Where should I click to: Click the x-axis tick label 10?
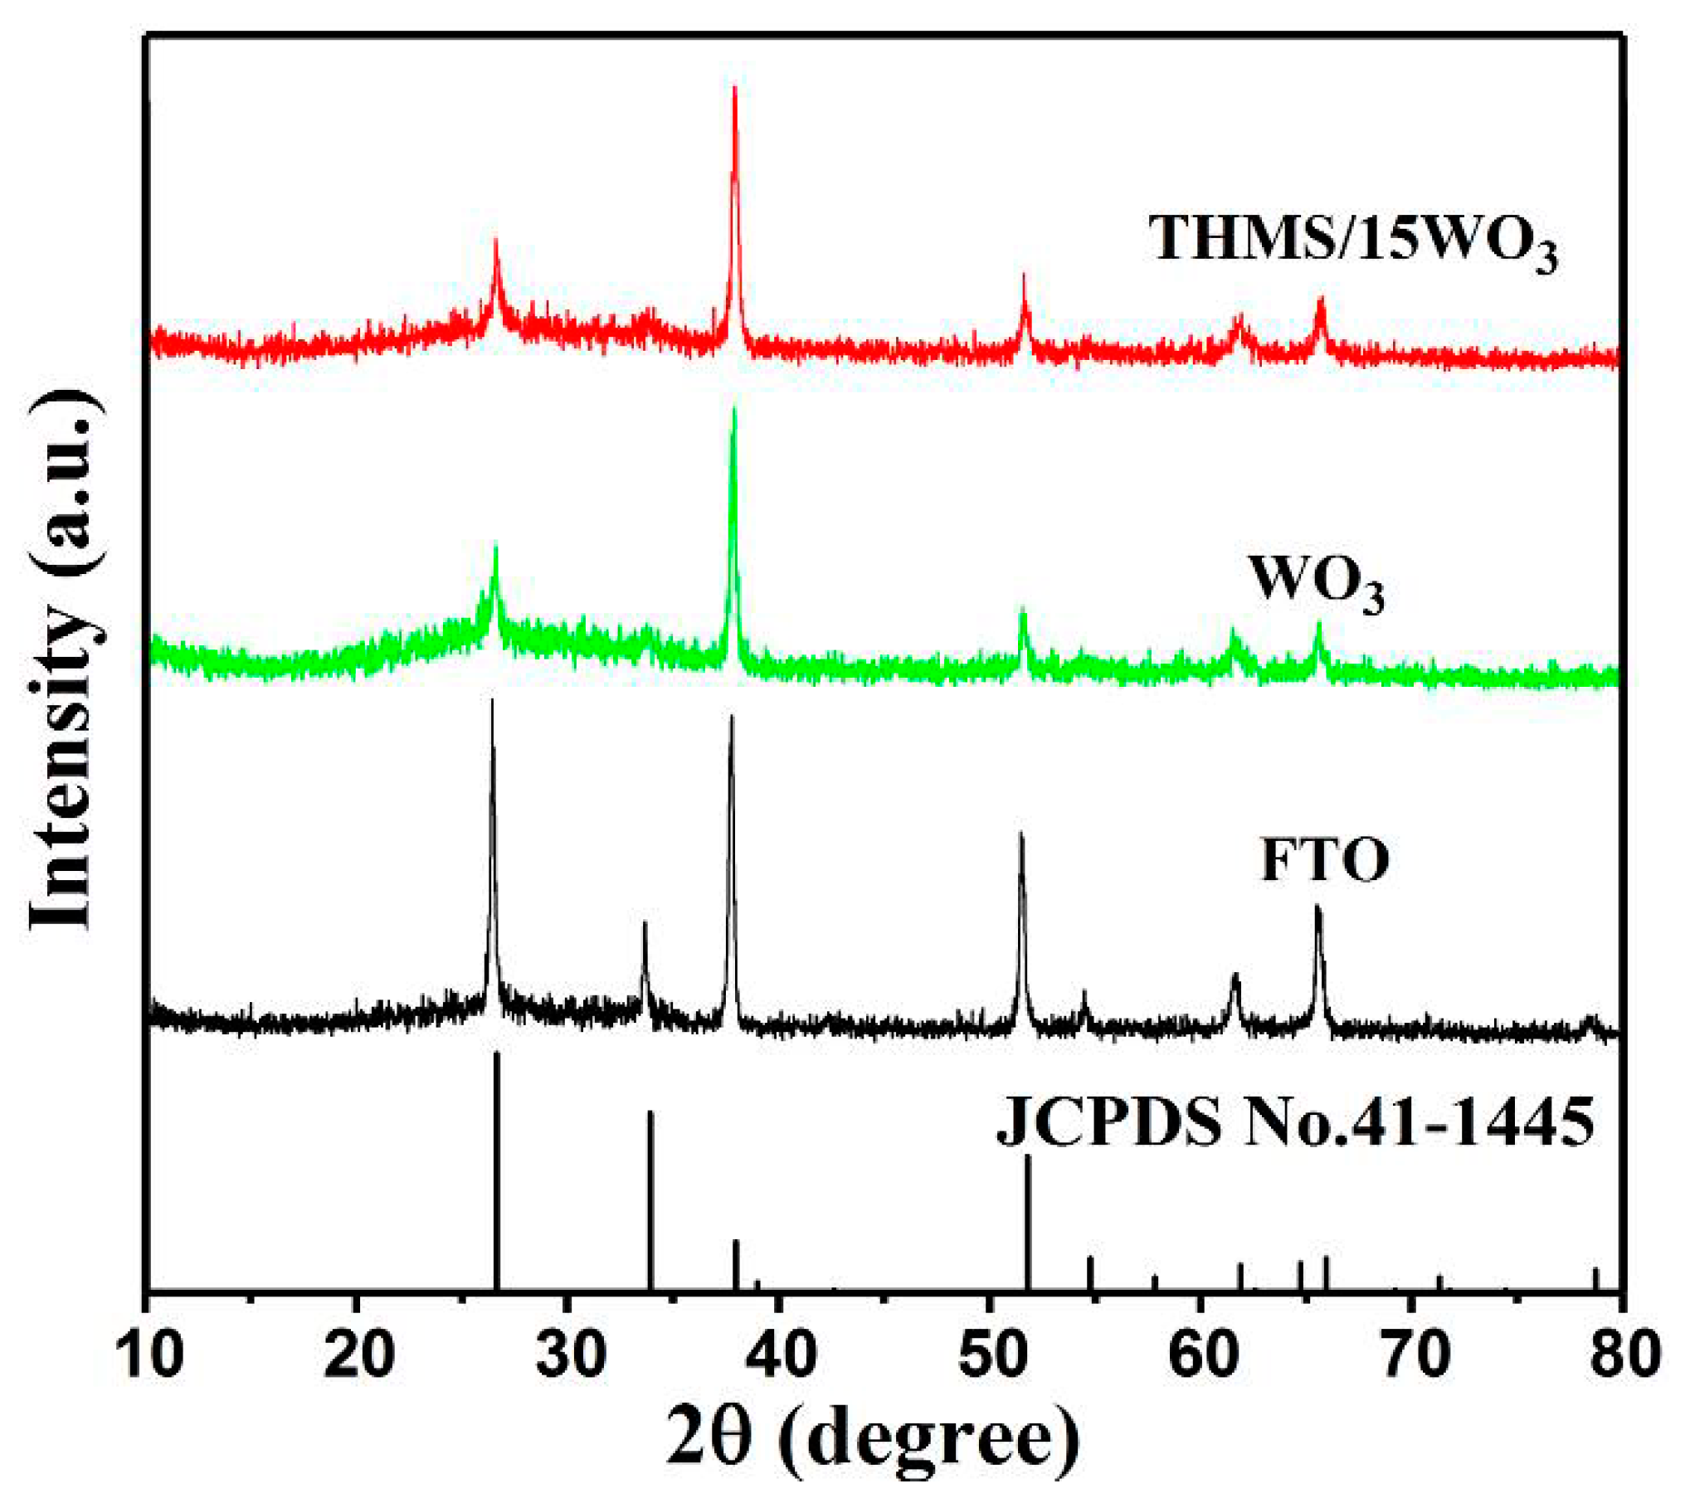coord(149,1355)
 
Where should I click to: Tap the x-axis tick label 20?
coord(358,1355)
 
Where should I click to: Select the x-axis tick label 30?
coord(571,1355)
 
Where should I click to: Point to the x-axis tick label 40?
coord(780,1355)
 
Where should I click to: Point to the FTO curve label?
coord(1325,860)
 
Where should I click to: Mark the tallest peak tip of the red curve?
coord(735,88)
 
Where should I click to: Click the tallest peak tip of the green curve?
coord(733,409)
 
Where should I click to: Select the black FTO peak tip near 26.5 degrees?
coord(492,701)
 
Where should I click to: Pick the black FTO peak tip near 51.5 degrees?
coord(1021,834)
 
